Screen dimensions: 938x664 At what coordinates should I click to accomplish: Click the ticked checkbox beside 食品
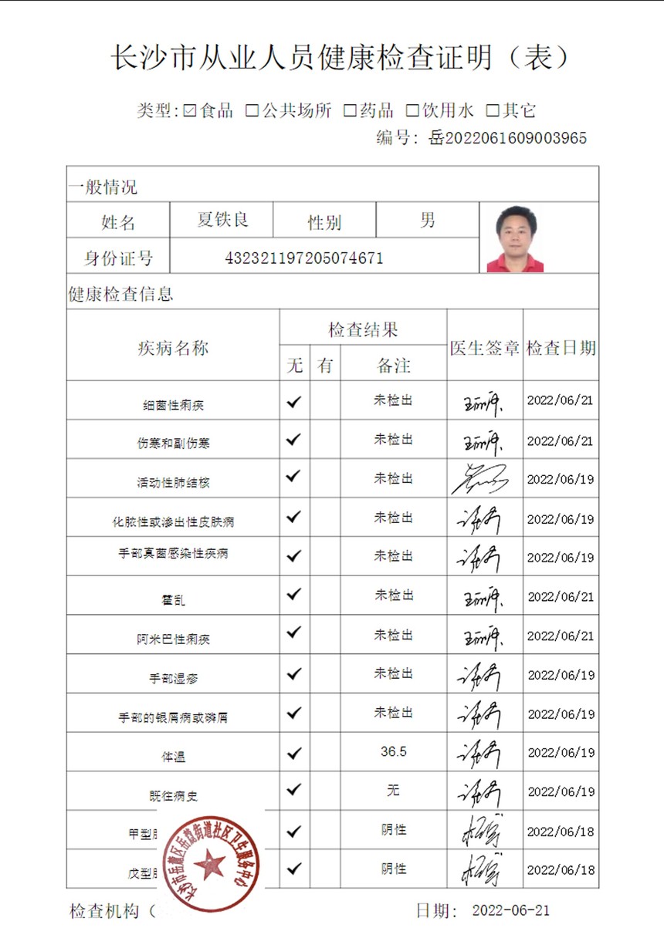point(191,110)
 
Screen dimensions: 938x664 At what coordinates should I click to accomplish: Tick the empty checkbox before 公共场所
point(252,110)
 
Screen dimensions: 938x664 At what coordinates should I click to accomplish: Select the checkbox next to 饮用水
point(412,110)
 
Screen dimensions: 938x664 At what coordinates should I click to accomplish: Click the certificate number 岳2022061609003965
point(507,138)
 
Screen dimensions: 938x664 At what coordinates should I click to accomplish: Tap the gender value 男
point(427,220)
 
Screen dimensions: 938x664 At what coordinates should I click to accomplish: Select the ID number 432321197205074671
point(303,258)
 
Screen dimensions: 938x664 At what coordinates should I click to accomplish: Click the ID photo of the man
point(515,238)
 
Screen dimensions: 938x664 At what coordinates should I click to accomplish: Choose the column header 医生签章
point(485,348)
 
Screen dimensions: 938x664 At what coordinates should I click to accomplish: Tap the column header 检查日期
point(561,348)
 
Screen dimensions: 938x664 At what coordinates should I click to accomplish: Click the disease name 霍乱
point(173,600)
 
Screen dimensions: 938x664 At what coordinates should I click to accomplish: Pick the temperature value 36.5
point(393,751)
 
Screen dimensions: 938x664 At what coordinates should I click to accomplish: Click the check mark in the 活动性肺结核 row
point(293,477)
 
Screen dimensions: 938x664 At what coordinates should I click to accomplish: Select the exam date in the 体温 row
point(561,753)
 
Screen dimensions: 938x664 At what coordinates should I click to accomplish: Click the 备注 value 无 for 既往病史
point(393,790)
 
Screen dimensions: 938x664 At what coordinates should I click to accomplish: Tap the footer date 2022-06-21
point(510,910)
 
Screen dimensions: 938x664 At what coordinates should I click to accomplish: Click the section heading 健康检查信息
point(120,294)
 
